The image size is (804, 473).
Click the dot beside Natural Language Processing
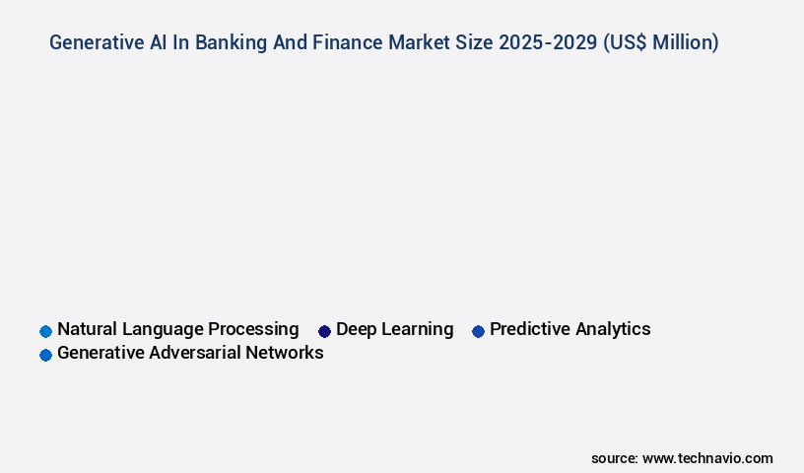[x=45, y=331]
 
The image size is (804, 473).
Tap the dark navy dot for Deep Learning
[x=324, y=331]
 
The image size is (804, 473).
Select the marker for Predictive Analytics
[x=478, y=331]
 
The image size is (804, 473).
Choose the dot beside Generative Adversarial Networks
[x=45, y=355]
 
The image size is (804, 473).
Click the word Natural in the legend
[x=88, y=329]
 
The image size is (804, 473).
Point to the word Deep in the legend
[x=356, y=329]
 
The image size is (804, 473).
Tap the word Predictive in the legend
[x=529, y=329]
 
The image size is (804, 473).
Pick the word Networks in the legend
[x=287, y=353]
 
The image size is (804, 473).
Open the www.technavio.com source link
[x=707, y=458]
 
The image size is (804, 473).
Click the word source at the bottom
[x=614, y=458]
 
